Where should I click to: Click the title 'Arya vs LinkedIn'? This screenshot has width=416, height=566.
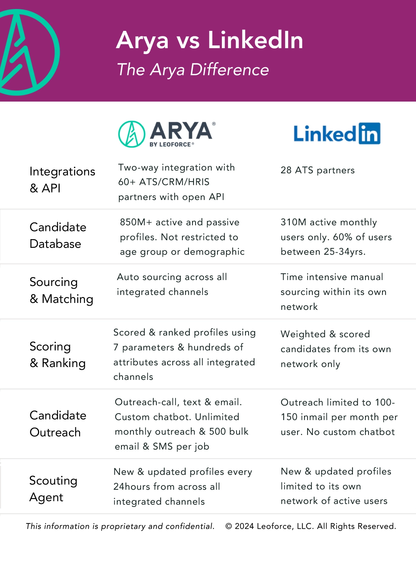[x=209, y=40]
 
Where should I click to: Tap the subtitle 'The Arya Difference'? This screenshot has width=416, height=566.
[x=193, y=69]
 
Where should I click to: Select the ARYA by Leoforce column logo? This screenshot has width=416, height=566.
[x=167, y=134]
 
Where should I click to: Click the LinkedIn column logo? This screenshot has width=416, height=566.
[x=337, y=133]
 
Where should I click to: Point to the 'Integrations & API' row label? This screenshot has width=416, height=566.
[x=62, y=180]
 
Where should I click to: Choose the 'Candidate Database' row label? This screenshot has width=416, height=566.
[x=58, y=235]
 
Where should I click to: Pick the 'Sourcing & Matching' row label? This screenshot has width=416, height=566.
[x=61, y=290]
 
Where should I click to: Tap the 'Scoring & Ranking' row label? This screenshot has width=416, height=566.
[x=58, y=355]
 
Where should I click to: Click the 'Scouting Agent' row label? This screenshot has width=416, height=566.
[x=53, y=489]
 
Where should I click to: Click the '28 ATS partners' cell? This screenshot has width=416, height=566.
[x=318, y=170]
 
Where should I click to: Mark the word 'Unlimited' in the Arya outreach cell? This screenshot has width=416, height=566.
[x=217, y=417]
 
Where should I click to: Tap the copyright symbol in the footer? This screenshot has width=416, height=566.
[x=229, y=526]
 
